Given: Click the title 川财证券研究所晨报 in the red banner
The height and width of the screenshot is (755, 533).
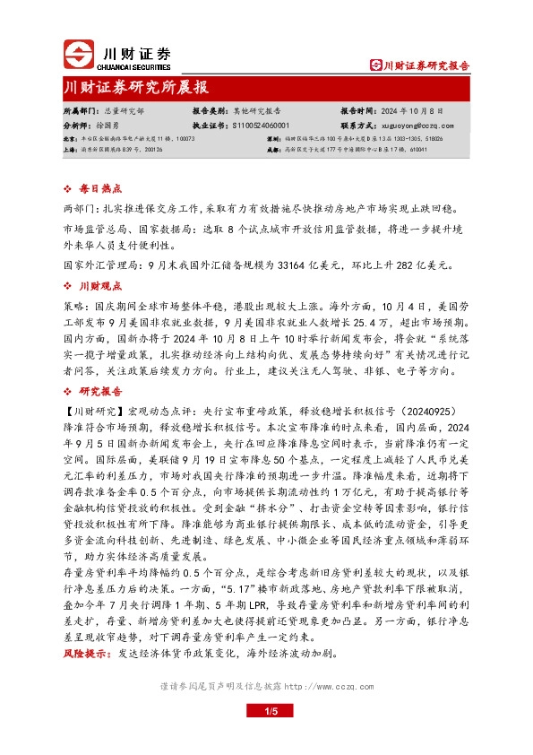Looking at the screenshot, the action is (x=136, y=87).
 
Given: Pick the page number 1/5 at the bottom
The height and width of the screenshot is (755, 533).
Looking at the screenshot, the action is (x=266, y=710).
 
